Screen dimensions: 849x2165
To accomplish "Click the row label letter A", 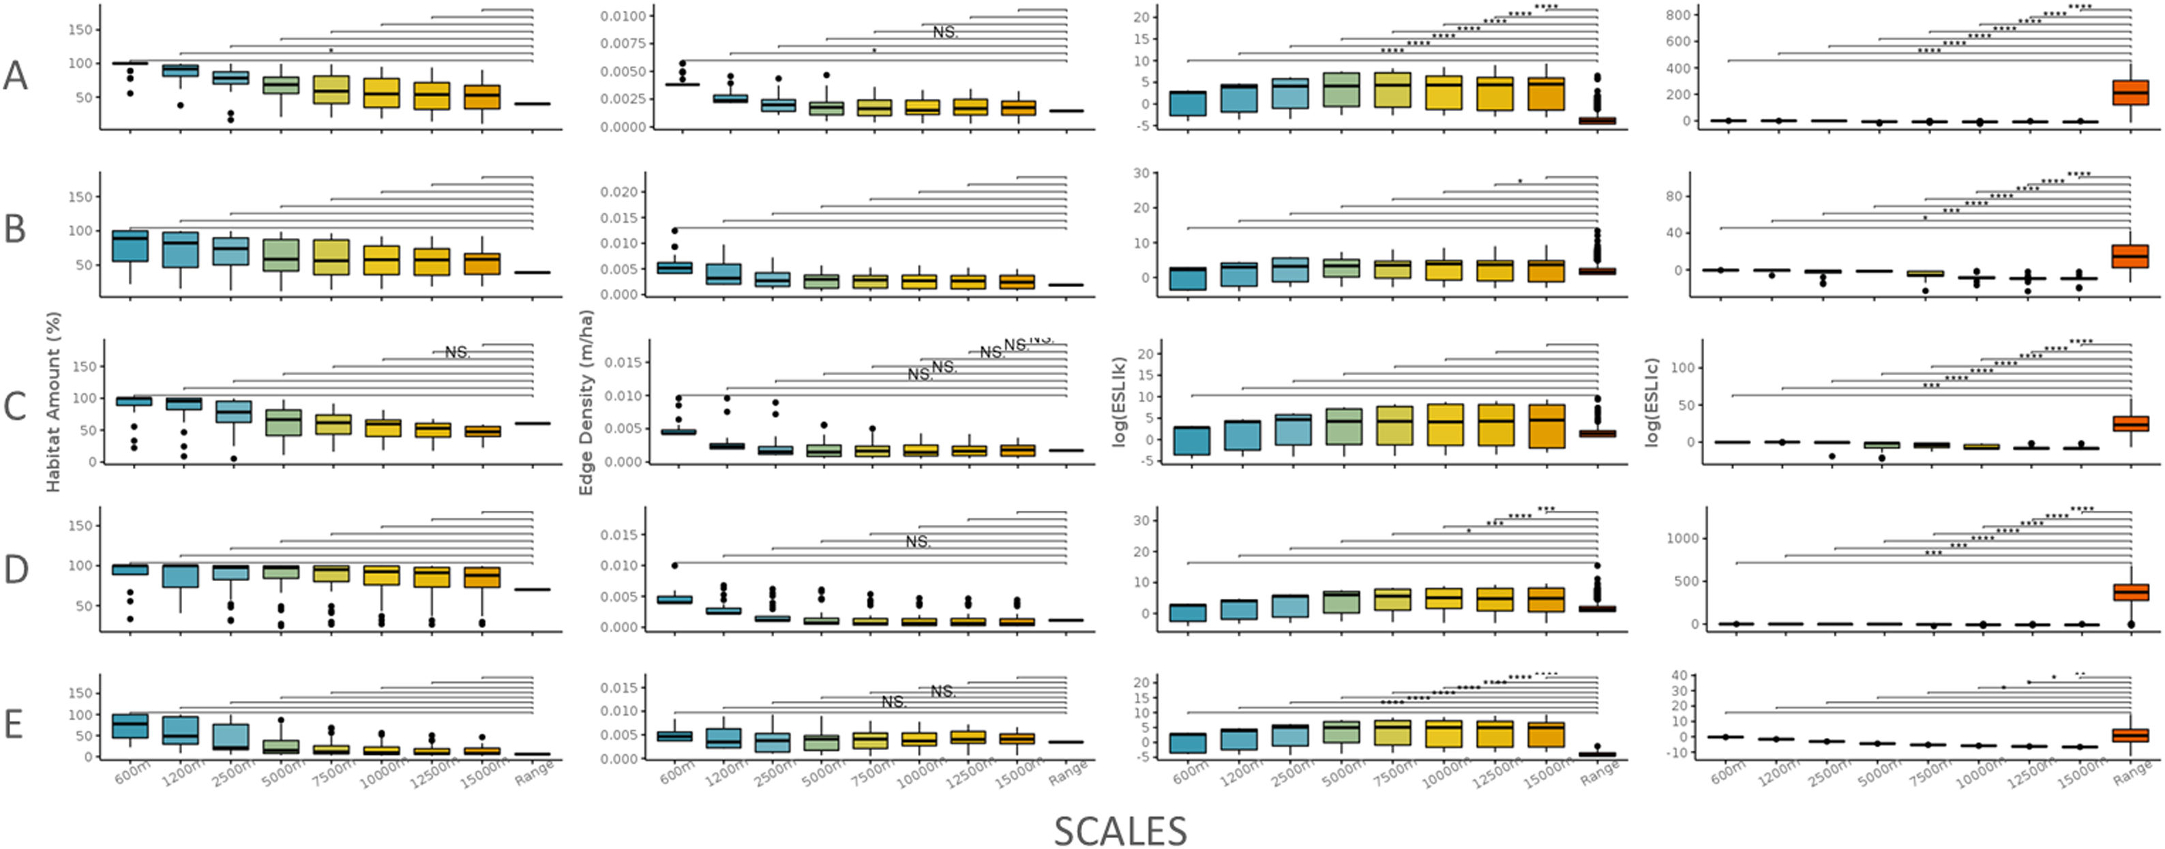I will [x=16, y=76].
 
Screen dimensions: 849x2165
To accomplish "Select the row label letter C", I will [x=16, y=407].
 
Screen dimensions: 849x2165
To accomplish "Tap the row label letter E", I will [x=14, y=724].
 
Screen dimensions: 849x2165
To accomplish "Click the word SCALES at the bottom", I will [x=1120, y=831].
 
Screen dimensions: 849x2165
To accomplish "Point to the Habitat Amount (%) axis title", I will [x=53, y=402].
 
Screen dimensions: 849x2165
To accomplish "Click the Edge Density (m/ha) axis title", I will [x=586, y=402].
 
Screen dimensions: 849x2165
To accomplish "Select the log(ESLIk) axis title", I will [x=1118, y=402].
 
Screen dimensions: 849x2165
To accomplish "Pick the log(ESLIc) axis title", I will [x=1652, y=402].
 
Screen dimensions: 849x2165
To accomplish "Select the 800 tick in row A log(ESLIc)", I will [x=1674, y=14].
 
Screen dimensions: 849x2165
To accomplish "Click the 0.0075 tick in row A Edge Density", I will [x=623, y=44].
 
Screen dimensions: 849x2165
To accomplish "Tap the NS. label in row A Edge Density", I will [x=944, y=33].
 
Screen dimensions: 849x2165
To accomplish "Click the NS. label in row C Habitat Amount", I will [x=457, y=352].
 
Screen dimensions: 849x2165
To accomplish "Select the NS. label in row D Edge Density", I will [x=918, y=542].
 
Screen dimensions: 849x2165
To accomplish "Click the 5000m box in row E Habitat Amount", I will [x=282, y=747].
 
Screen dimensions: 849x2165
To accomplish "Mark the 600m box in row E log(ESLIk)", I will [x=1188, y=743].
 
